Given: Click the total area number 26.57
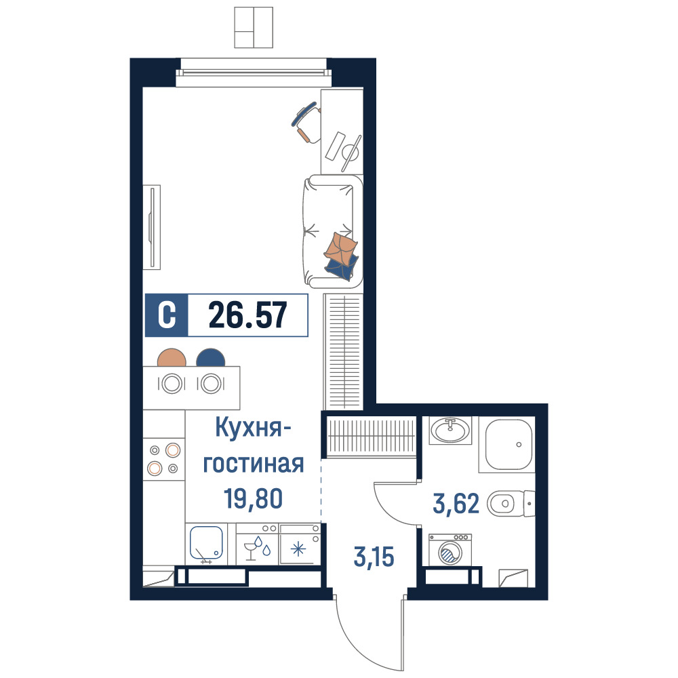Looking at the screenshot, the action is pos(247,315).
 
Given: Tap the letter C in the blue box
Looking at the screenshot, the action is pos(167,315).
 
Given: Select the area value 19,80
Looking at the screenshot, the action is pos(254,498).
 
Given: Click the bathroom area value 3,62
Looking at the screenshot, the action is pos(456,504).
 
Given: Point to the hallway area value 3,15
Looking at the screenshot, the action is pos(374,557).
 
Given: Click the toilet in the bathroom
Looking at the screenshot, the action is pos(511,503).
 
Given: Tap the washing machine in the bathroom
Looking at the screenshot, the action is pos(450,550).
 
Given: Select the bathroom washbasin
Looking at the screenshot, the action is pos(450,431).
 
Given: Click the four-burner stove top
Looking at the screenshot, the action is pos(163,459).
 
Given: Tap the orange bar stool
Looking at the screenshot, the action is pos(172,357).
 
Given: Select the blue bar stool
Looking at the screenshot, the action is pos(211,357).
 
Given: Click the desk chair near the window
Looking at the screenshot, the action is pos(306,121).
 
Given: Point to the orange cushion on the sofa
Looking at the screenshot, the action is pos(341,248).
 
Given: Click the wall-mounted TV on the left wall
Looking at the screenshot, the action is pos(152,227).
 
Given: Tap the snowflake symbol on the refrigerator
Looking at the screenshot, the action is pos(298,550).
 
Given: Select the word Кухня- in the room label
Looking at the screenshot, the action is pos(254,429).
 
